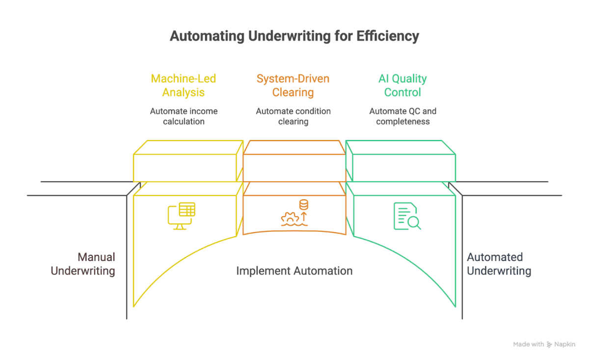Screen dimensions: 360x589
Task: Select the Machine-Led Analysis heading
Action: [x=184, y=85]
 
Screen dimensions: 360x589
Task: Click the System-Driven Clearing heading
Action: [x=293, y=85]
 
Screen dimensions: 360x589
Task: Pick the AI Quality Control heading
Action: [x=402, y=85]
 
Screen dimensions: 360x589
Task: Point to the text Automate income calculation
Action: [x=184, y=116]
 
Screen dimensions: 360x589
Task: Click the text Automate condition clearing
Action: [x=293, y=116]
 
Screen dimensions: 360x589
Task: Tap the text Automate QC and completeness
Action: [x=402, y=116]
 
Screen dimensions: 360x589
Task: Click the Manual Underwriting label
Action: [x=83, y=264]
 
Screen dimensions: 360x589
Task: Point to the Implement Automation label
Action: [x=294, y=271]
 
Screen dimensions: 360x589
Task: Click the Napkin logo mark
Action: [x=550, y=345]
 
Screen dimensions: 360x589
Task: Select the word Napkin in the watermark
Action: [x=565, y=345]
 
